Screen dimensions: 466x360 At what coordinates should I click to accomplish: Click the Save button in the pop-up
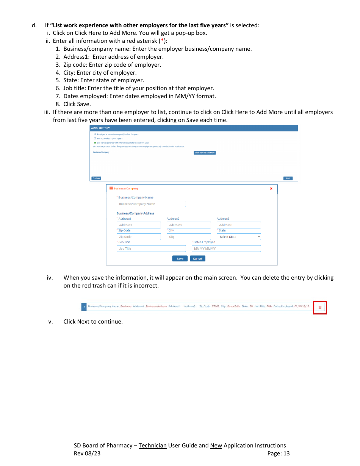[180, 259]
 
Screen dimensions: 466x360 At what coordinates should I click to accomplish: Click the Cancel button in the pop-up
[197, 259]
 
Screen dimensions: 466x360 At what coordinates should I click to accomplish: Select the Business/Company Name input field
[151, 204]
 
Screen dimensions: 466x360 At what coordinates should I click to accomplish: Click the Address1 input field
[139, 225]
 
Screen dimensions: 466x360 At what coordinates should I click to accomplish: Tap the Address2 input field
[189, 225]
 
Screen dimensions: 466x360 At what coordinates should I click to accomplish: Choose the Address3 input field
[239, 225]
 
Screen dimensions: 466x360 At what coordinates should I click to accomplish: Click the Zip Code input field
[139, 237]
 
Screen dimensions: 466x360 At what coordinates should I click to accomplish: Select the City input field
[189, 237]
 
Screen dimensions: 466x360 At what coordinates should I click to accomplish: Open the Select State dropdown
[239, 237]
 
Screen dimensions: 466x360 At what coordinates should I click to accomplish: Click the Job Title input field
[151, 249]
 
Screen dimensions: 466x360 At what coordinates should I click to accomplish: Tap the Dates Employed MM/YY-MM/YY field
[226, 249]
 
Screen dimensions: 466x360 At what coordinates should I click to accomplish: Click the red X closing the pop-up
[271, 189]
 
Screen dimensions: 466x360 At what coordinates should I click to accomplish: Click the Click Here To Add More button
[205, 153]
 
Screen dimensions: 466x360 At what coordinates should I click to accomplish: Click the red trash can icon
[320, 307]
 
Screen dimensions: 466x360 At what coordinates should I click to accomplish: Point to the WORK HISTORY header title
[100, 128]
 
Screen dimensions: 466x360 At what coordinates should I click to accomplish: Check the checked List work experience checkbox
[95, 143]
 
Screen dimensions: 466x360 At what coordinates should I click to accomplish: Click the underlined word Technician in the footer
[152, 446]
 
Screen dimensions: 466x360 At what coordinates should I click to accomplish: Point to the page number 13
[286, 453]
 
